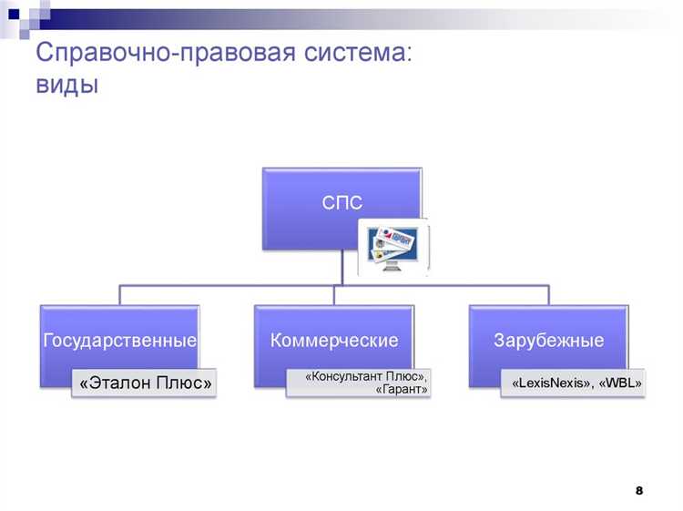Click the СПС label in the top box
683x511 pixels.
(x=341, y=202)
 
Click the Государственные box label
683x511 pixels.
(x=119, y=342)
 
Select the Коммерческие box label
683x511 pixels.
(x=334, y=341)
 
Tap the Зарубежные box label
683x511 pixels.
(x=548, y=342)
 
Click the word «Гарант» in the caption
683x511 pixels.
(x=402, y=390)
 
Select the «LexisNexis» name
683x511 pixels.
(x=550, y=383)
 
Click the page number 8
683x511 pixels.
(x=639, y=491)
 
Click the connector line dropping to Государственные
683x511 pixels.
(x=119, y=293)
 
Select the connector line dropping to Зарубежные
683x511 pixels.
(x=548, y=293)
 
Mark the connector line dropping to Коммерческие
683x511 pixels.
(x=334, y=293)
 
